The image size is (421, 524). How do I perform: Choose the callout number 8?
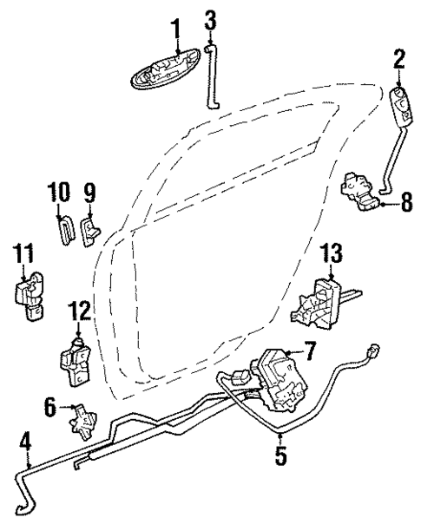coord(406,206)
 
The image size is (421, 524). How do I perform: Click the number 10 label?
coord(58,192)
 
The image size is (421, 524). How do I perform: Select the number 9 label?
coord(89,192)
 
